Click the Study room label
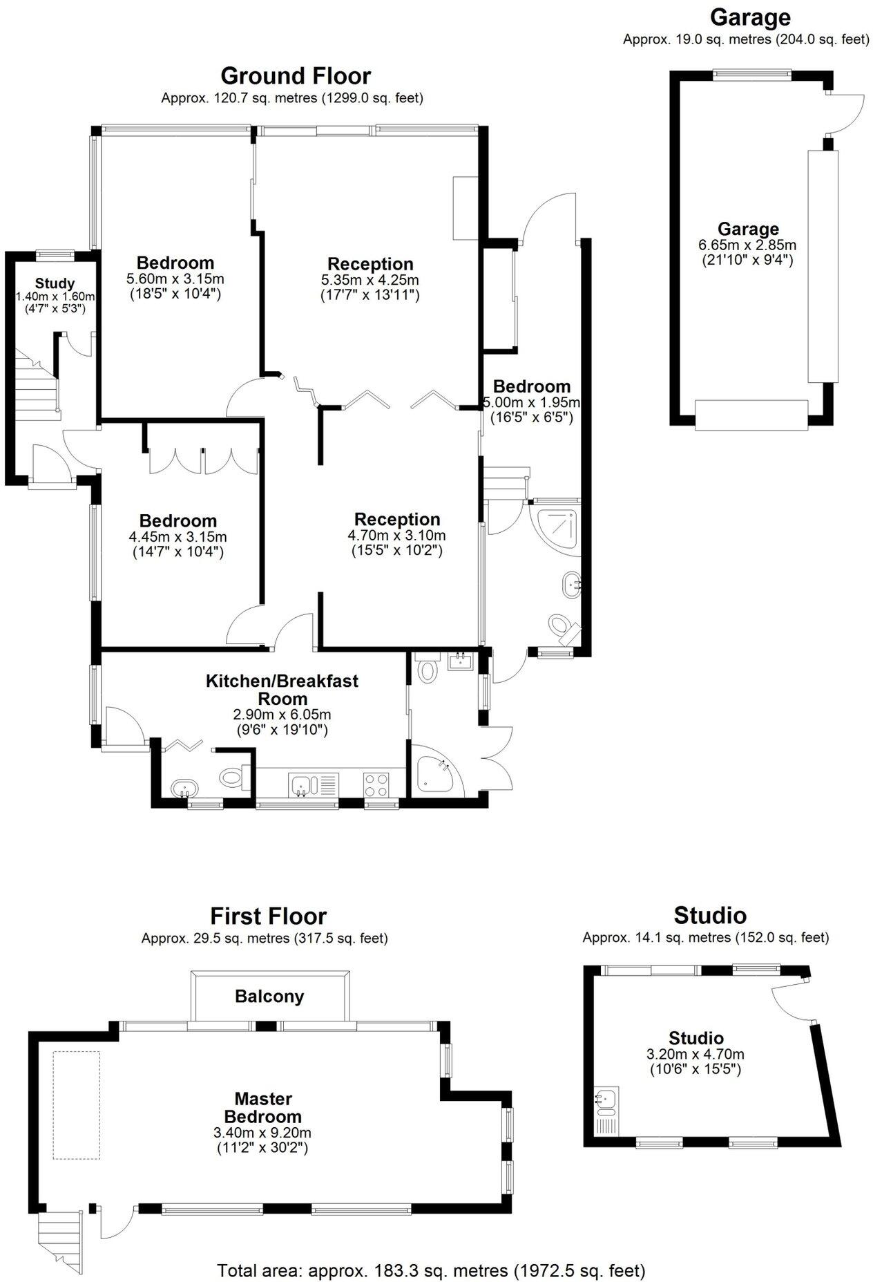tap(55, 283)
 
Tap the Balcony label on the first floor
tap(269, 996)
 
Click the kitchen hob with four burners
tap(376, 784)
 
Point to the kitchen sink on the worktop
tap(302, 784)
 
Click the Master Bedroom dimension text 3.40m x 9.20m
tap(262, 1133)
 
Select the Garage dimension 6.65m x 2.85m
tap(748, 245)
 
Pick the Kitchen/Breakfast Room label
tap(282, 689)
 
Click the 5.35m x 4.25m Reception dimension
tap(370, 280)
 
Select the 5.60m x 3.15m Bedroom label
tap(175, 263)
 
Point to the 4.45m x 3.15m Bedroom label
tap(178, 520)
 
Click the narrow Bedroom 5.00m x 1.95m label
tap(532, 386)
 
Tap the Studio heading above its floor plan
tap(710, 915)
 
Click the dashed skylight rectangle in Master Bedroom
tap(77, 1104)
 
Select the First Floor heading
tap(268, 916)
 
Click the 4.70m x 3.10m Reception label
tap(397, 519)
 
